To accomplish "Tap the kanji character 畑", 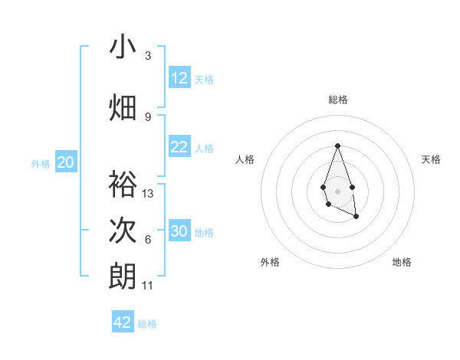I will [x=123, y=106].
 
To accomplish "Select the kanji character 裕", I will [x=123, y=185].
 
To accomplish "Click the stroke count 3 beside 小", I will [x=148, y=56].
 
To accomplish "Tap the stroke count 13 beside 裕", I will [x=148, y=194].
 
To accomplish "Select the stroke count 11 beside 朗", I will [x=148, y=286].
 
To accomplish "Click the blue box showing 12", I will [x=179, y=78].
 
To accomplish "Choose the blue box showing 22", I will [x=179, y=148].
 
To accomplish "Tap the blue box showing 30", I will [x=179, y=231].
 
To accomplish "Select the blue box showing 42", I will [x=123, y=322].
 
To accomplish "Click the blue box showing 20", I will [x=66, y=162].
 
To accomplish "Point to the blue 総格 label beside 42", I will [x=147, y=324].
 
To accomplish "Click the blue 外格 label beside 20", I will [x=41, y=163].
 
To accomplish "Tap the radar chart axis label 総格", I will [x=337, y=100].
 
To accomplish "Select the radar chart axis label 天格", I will [x=431, y=159].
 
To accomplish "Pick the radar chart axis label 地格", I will [x=402, y=262].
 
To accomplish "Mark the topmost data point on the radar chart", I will [x=337, y=146].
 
